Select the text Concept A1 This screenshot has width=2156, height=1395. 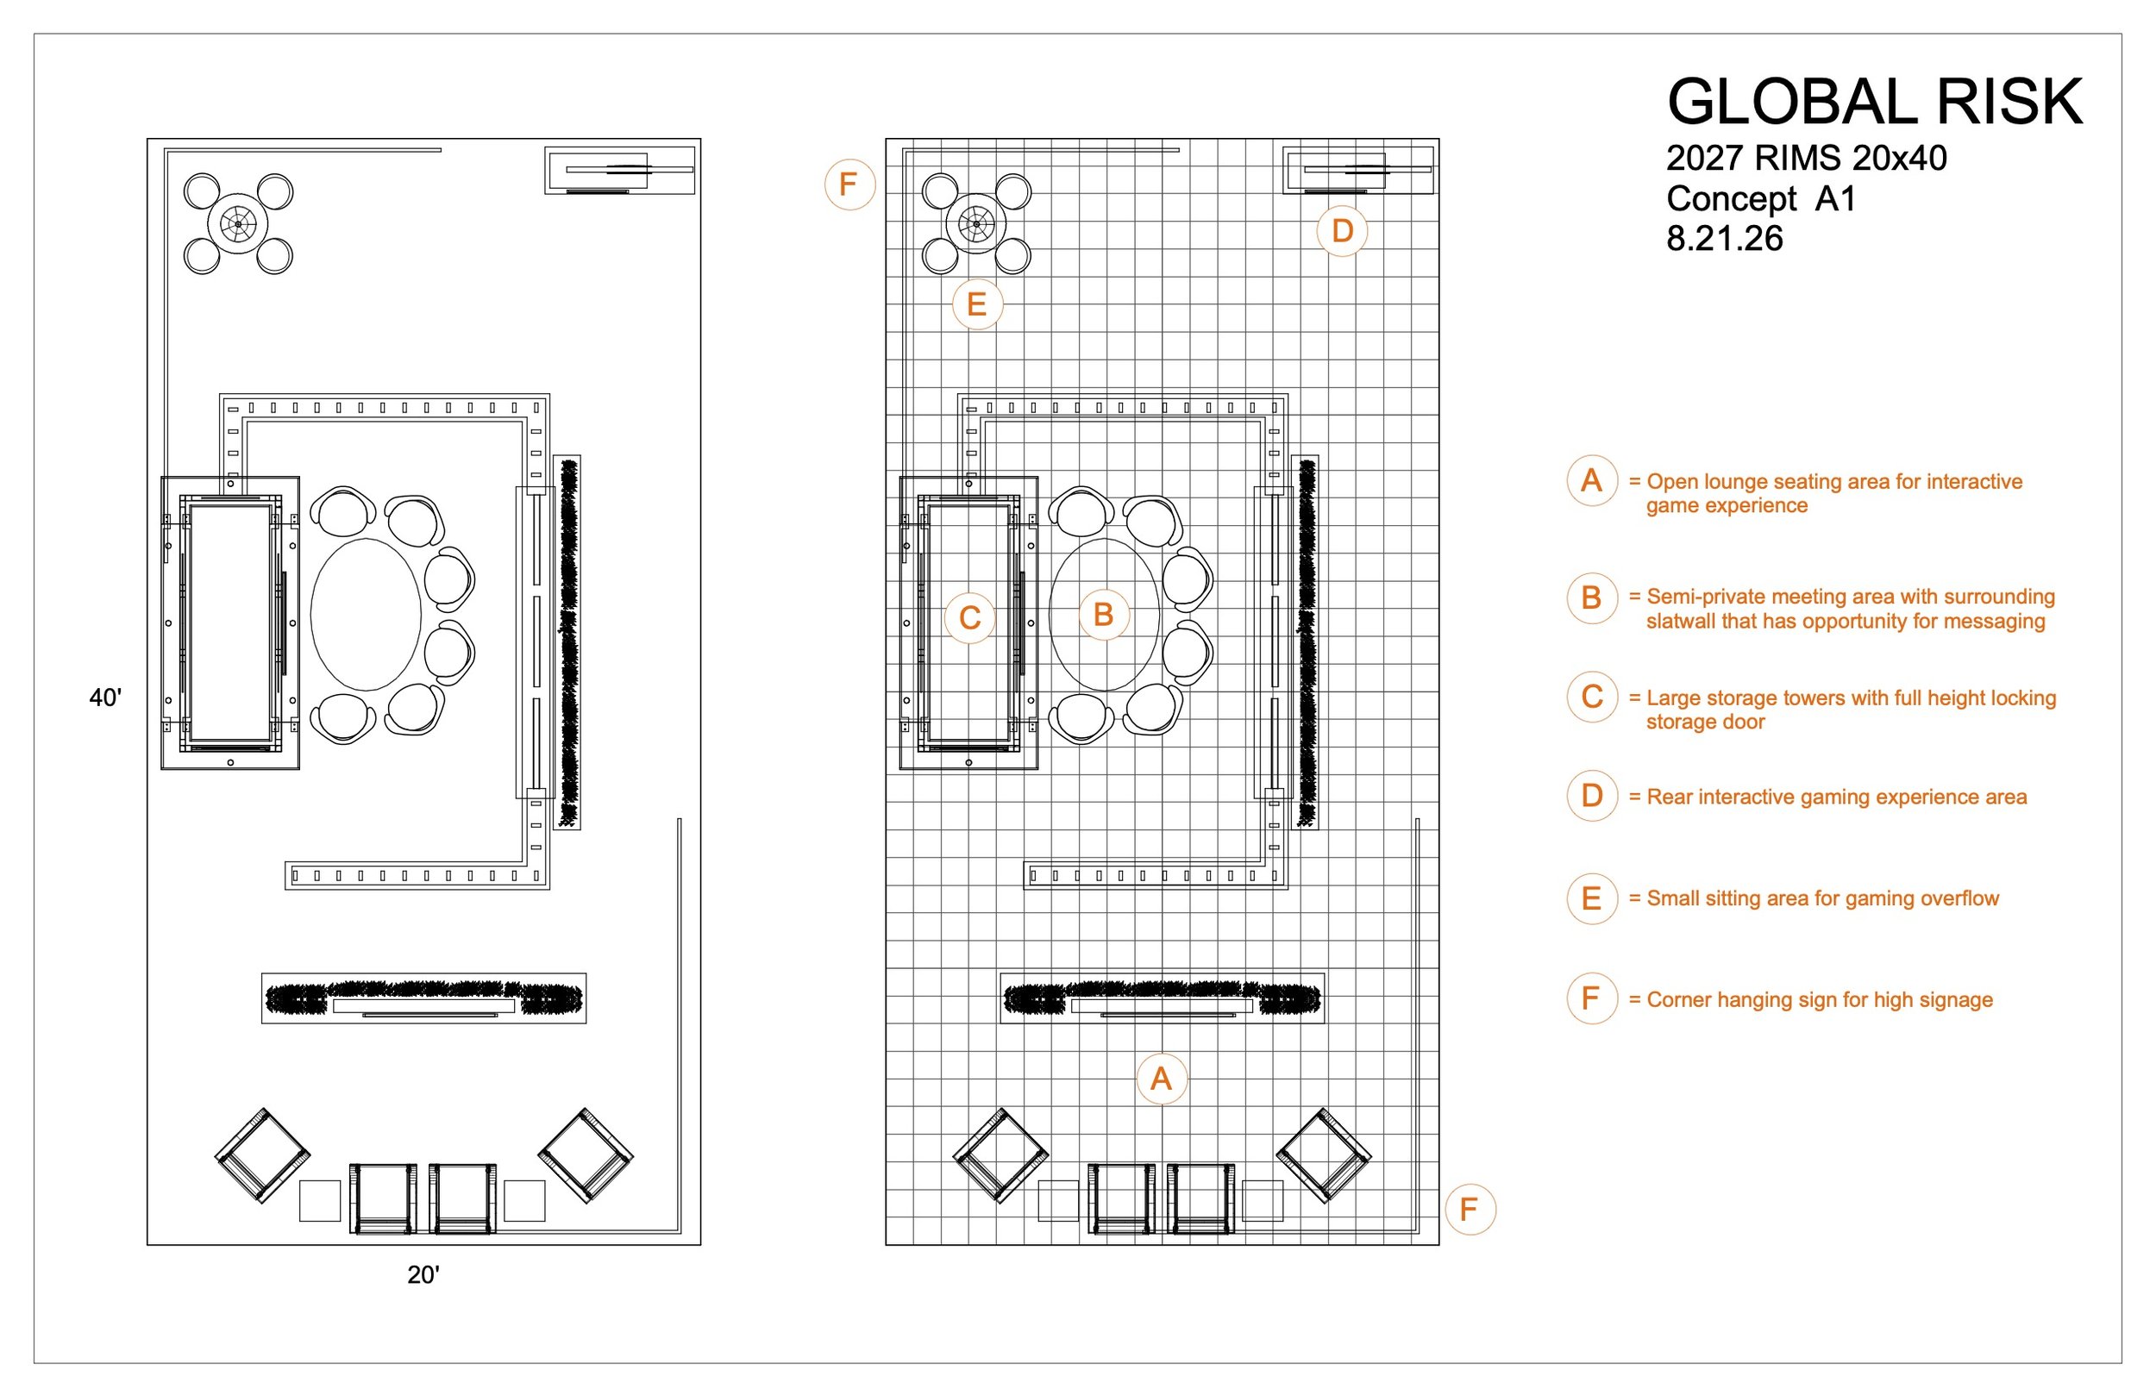point(1761,198)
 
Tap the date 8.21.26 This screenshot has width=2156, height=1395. point(1725,238)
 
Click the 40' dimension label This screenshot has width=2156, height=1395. point(105,697)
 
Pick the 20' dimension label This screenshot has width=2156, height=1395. point(423,1274)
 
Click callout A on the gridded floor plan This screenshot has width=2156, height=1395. point(1162,1079)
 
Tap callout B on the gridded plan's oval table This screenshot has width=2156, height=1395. point(1103,615)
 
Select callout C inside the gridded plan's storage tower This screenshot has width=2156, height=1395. point(970,618)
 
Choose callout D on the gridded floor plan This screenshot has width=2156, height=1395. point(1343,231)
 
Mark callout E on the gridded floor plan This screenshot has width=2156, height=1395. point(976,303)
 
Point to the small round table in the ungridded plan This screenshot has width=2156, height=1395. point(238,224)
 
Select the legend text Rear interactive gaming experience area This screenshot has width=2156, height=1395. point(1836,798)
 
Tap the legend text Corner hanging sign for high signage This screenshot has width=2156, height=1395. point(1819,1000)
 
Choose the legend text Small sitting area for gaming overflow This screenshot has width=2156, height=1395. point(1822,898)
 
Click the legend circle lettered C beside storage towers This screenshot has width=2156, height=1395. point(1592,697)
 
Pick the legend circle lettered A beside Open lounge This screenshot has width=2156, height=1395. point(1592,480)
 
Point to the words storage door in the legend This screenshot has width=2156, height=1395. point(1705,722)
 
